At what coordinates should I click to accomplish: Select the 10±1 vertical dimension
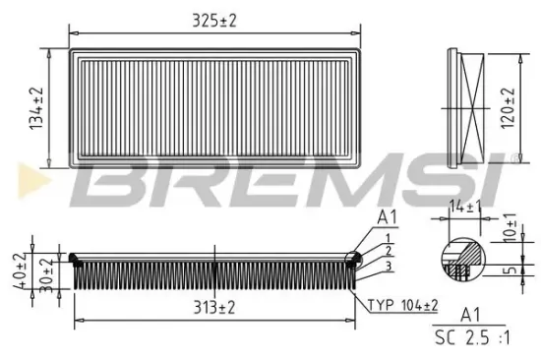point(511,227)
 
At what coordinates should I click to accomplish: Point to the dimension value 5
point(510,266)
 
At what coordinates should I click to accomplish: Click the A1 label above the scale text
point(471,316)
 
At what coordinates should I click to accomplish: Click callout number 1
point(390,238)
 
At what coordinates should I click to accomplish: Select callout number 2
point(390,252)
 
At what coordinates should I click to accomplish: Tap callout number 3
point(390,266)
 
